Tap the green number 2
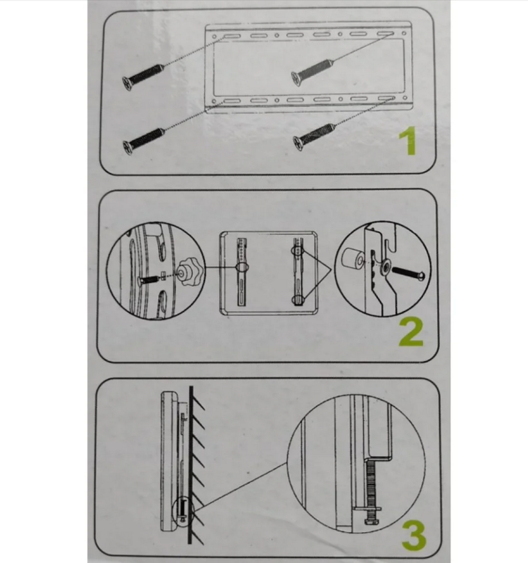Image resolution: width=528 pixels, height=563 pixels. pos(411,333)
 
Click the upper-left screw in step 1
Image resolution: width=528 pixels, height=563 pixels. pos(143,76)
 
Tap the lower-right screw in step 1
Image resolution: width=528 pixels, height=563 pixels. pos(314,137)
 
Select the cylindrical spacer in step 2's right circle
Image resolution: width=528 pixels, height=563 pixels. pos(352,259)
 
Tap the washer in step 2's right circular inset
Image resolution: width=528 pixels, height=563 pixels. pos(386,267)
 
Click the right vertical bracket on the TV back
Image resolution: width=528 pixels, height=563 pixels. pos(299,271)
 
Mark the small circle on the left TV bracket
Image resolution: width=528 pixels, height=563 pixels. pos(242,267)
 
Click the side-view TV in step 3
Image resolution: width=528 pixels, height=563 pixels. pos(170,461)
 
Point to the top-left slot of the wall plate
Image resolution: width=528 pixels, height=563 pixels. pos(232,36)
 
